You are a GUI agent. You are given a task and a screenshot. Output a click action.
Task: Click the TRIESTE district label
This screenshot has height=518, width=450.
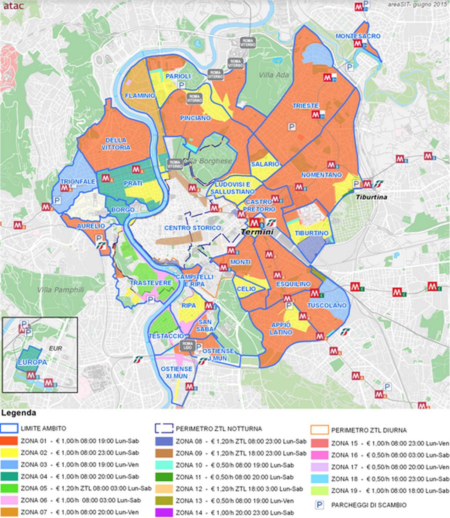[x=305, y=106]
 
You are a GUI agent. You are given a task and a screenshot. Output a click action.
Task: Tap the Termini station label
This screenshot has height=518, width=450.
[x=257, y=232]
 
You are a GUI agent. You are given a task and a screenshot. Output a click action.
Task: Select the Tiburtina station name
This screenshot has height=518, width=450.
[x=371, y=197]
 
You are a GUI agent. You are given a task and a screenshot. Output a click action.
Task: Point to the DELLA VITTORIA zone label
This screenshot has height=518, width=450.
[x=115, y=144]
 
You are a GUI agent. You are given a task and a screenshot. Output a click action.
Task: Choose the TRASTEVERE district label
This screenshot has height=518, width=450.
[x=151, y=283]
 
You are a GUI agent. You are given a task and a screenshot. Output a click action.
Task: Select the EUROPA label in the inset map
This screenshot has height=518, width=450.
[x=33, y=362]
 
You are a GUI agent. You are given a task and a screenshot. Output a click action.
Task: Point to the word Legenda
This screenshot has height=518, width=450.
[x=18, y=413]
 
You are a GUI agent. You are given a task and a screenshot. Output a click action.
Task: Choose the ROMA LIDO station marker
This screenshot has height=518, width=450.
[x=186, y=345]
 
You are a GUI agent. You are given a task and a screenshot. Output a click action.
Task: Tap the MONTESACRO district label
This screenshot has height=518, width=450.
[x=358, y=36]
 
